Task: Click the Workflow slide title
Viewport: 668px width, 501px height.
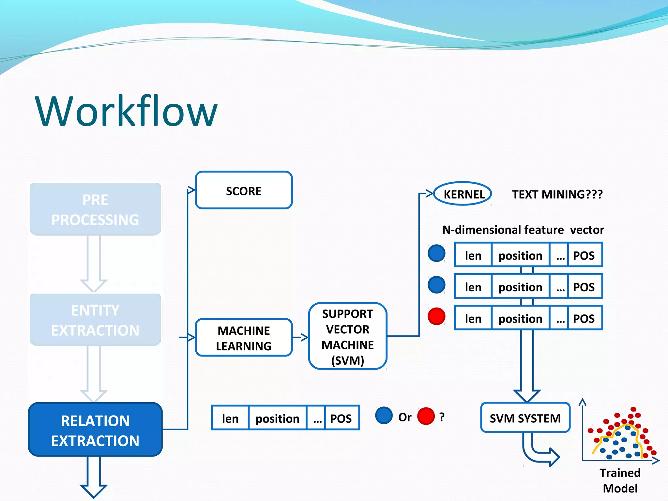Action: [126, 111]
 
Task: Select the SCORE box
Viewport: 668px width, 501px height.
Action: [244, 190]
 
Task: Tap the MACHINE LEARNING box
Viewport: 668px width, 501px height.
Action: [244, 338]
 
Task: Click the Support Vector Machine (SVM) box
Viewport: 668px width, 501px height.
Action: [347, 336]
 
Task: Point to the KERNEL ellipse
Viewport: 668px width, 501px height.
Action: [463, 194]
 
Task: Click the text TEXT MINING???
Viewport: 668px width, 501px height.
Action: [557, 194]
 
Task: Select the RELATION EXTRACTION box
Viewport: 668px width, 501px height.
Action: [95, 430]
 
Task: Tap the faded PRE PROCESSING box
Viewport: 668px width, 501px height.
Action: [95, 209]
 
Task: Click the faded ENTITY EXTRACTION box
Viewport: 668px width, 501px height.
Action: [95, 320]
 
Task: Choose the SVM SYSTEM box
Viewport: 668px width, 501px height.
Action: [525, 418]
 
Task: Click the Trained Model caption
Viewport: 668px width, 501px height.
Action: [620, 480]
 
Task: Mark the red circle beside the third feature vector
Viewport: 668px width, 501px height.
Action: [436, 316]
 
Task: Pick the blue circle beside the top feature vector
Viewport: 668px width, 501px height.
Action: [436, 253]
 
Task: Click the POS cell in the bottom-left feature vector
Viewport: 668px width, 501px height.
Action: [341, 418]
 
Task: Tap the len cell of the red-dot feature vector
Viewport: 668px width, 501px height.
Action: [473, 318]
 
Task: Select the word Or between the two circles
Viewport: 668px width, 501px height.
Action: [405, 417]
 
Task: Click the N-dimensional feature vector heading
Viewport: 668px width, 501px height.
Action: [523, 230]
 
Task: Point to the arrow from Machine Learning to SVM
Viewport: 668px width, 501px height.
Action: [300, 337]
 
